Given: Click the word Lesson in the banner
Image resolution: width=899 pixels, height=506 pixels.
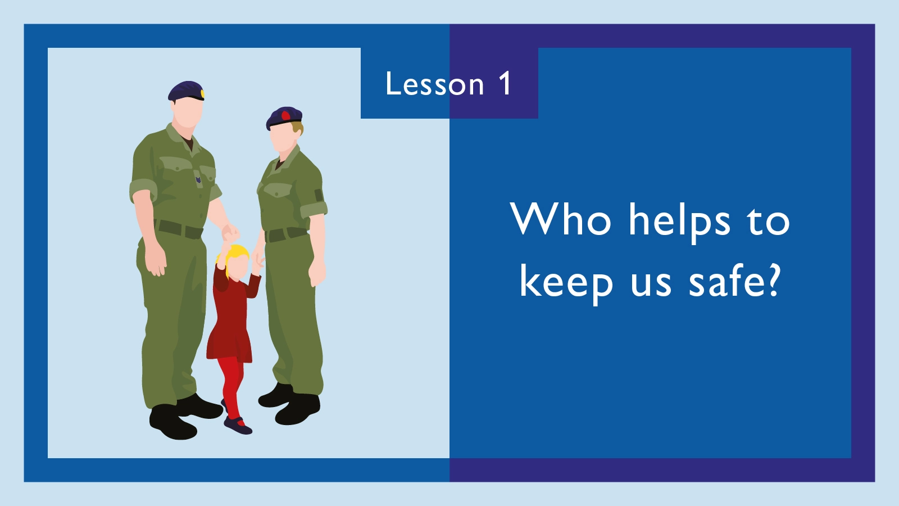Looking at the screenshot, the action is click(435, 84).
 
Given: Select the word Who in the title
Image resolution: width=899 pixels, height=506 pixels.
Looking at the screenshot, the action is click(561, 219).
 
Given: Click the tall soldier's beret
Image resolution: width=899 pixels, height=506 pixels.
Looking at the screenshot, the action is click(186, 90).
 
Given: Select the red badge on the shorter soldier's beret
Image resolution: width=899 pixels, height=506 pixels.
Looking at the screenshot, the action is click(285, 116).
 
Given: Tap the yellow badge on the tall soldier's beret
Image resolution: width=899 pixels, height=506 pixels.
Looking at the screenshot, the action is click(203, 94).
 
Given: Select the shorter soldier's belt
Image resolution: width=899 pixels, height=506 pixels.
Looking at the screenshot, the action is click(285, 234).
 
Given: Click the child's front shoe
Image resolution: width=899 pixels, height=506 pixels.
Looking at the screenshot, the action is click(238, 426).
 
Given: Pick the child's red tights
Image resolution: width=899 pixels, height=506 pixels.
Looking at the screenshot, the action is click(230, 386).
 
